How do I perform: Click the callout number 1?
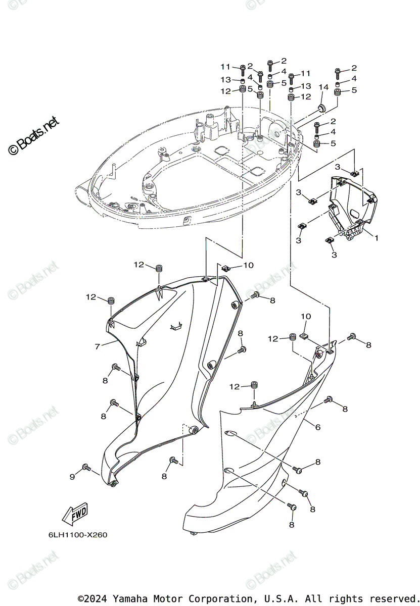376,236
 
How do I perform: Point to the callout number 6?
317,427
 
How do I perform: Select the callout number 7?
98,346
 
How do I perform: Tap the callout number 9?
72,476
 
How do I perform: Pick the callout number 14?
323,87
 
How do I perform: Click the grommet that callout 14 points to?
321,108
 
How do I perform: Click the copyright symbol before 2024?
80,598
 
